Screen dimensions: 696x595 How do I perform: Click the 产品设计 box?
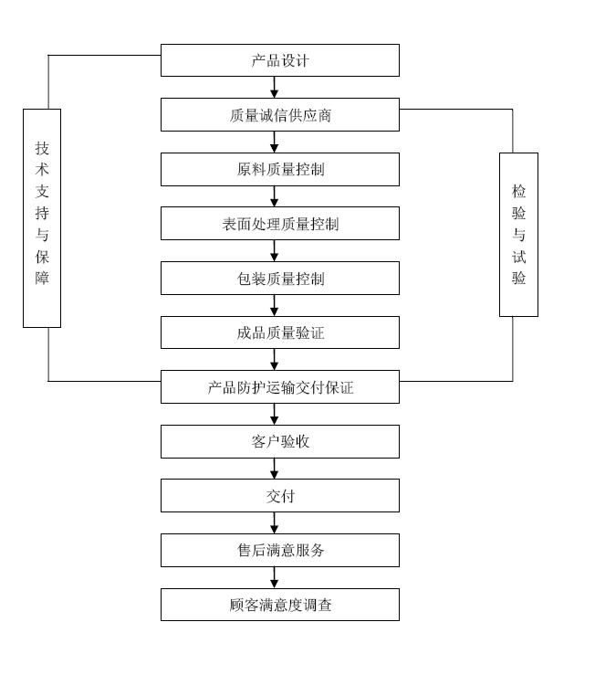point(279,60)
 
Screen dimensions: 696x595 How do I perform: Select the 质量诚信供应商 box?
point(279,115)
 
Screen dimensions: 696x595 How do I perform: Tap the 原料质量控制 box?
point(279,169)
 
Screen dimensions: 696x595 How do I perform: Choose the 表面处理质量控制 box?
point(279,224)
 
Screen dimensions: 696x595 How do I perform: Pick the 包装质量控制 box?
point(279,279)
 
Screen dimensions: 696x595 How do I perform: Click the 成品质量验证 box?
point(279,332)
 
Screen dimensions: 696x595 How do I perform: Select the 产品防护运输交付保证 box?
point(279,387)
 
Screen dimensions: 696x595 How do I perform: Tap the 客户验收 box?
point(279,441)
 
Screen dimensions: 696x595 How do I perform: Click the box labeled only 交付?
point(279,496)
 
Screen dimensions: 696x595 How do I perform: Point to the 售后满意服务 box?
point(279,550)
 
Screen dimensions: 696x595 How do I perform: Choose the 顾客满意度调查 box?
point(279,605)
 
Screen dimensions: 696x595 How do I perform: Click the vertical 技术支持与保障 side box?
point(42,217)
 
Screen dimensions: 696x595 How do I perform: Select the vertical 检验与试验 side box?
point(518,235)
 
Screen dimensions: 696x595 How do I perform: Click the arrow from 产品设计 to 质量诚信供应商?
point(274,88)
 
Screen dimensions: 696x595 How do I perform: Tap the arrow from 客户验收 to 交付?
point(274,469)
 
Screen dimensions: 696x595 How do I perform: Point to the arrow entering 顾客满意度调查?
point(274,578)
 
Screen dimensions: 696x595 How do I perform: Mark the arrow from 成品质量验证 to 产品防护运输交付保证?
point(274,360)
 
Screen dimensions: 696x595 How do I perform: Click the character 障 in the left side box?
point(42,279)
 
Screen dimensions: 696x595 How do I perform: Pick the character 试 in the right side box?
point(518,257)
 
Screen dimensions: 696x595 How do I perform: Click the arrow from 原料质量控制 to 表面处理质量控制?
point(274,196)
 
